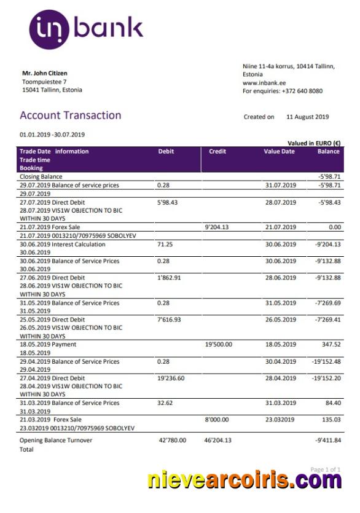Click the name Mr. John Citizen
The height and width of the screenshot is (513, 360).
(45, 74)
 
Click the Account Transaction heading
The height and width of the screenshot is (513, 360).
(70, 116)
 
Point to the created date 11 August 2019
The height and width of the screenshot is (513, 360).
(307, 117)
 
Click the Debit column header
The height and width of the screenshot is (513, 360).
(166, 151)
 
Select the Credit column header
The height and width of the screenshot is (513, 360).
(217, 151)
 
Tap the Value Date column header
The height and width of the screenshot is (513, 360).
(280, 151)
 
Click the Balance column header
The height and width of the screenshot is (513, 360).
(328, 151)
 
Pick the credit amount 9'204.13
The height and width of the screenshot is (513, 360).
(217, 227)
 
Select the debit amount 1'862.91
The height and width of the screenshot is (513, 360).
(170, 278)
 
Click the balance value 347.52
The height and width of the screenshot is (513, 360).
(330, 345)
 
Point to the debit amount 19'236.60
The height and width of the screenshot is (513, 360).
(171, 378)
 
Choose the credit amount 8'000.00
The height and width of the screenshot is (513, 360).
(217, 420)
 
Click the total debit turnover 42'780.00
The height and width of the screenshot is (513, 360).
(173, 441)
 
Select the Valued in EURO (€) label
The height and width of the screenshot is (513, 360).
(314, 143)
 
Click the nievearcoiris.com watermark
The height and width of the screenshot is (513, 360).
(245, 481)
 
